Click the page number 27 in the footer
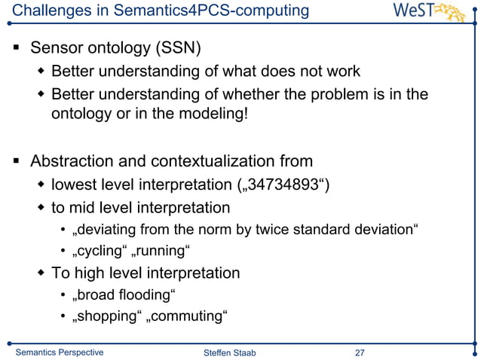(360, 352)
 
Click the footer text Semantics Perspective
(60, 352)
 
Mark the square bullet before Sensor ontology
(17, 50)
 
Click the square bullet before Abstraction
(17, 162)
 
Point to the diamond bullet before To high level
(42, 273)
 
